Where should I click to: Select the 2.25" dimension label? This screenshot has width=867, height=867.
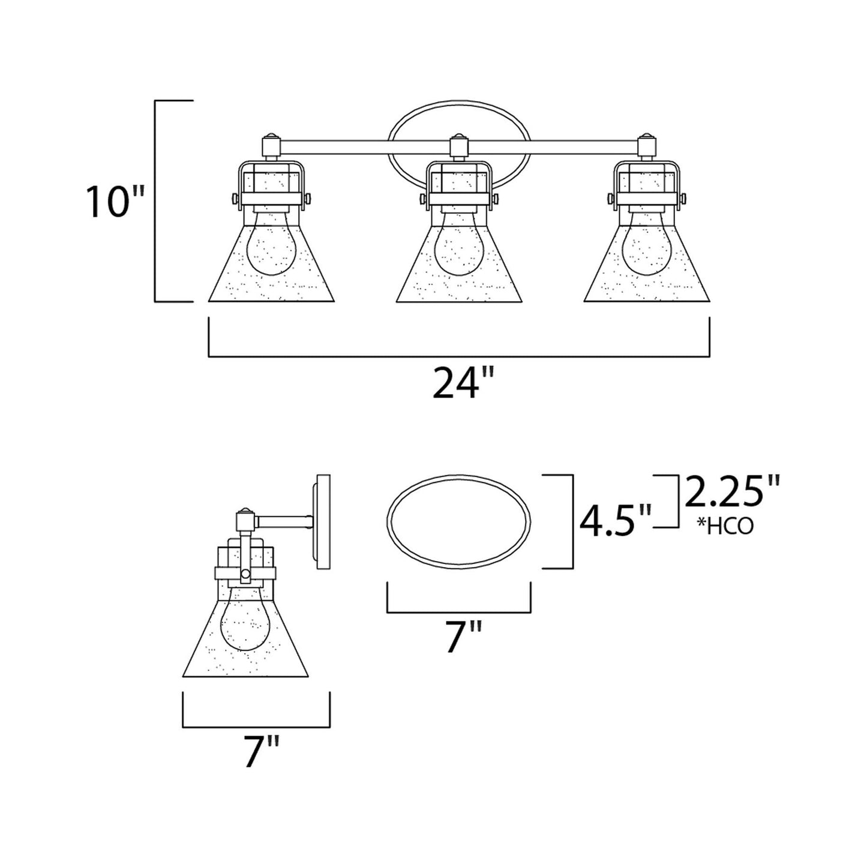(x=731, y=493)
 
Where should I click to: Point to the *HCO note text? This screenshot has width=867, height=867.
(x=725, y=526)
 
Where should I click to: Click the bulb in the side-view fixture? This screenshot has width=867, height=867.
(x=244, y=631)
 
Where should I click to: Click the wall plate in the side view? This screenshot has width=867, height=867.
(x=323, y=521)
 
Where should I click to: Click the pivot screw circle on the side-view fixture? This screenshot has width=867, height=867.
(x=245, y=575)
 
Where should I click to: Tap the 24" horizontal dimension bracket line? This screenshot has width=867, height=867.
(x=459, y=357)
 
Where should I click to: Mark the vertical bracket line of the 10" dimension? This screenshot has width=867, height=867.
(x=156, y=201)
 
